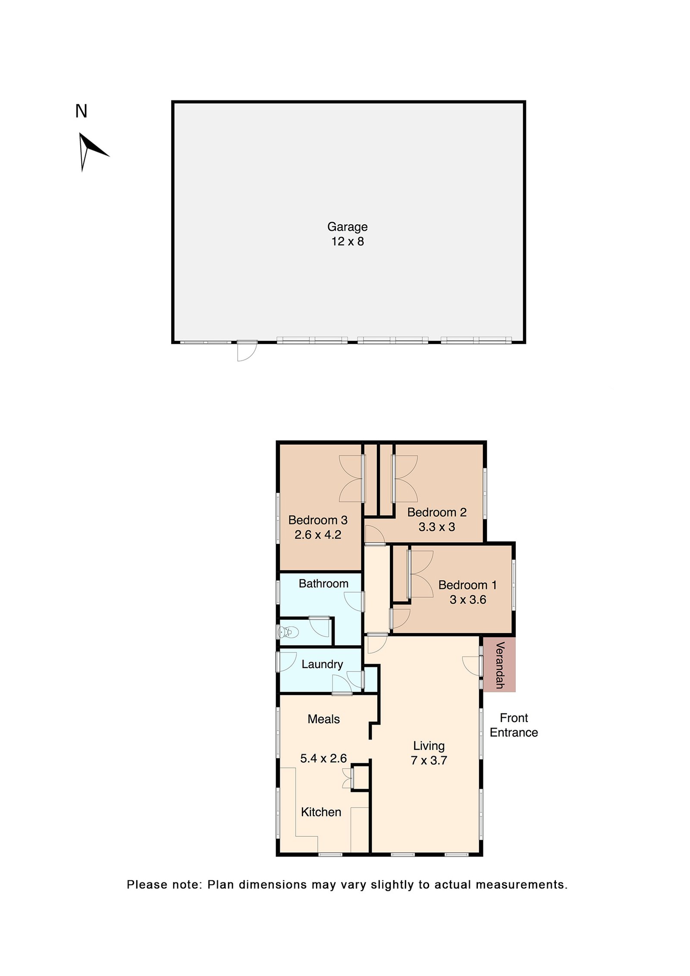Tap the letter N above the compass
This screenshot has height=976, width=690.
[81, 111]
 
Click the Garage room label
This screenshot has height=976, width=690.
[347, 227]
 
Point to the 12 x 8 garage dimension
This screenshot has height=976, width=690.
[347, 242]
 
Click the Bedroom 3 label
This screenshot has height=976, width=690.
[318, 520]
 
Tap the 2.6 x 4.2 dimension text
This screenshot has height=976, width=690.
[318, 535]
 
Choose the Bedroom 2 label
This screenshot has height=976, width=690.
[437, 512]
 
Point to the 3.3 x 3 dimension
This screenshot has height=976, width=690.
[437, 527]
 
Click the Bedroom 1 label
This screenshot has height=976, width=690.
[467, 585]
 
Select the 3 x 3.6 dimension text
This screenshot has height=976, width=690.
[468, 600]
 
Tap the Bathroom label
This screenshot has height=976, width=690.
[323, 584]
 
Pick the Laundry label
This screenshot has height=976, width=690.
[322, 665]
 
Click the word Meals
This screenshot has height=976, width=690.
[323, 719]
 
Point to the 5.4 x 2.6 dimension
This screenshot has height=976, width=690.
[323, 759]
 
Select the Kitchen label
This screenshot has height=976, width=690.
[321, 813]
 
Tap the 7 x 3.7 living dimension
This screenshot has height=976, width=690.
[429, 761]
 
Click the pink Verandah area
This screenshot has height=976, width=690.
[499, 665]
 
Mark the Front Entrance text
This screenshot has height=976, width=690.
[514, 725]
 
